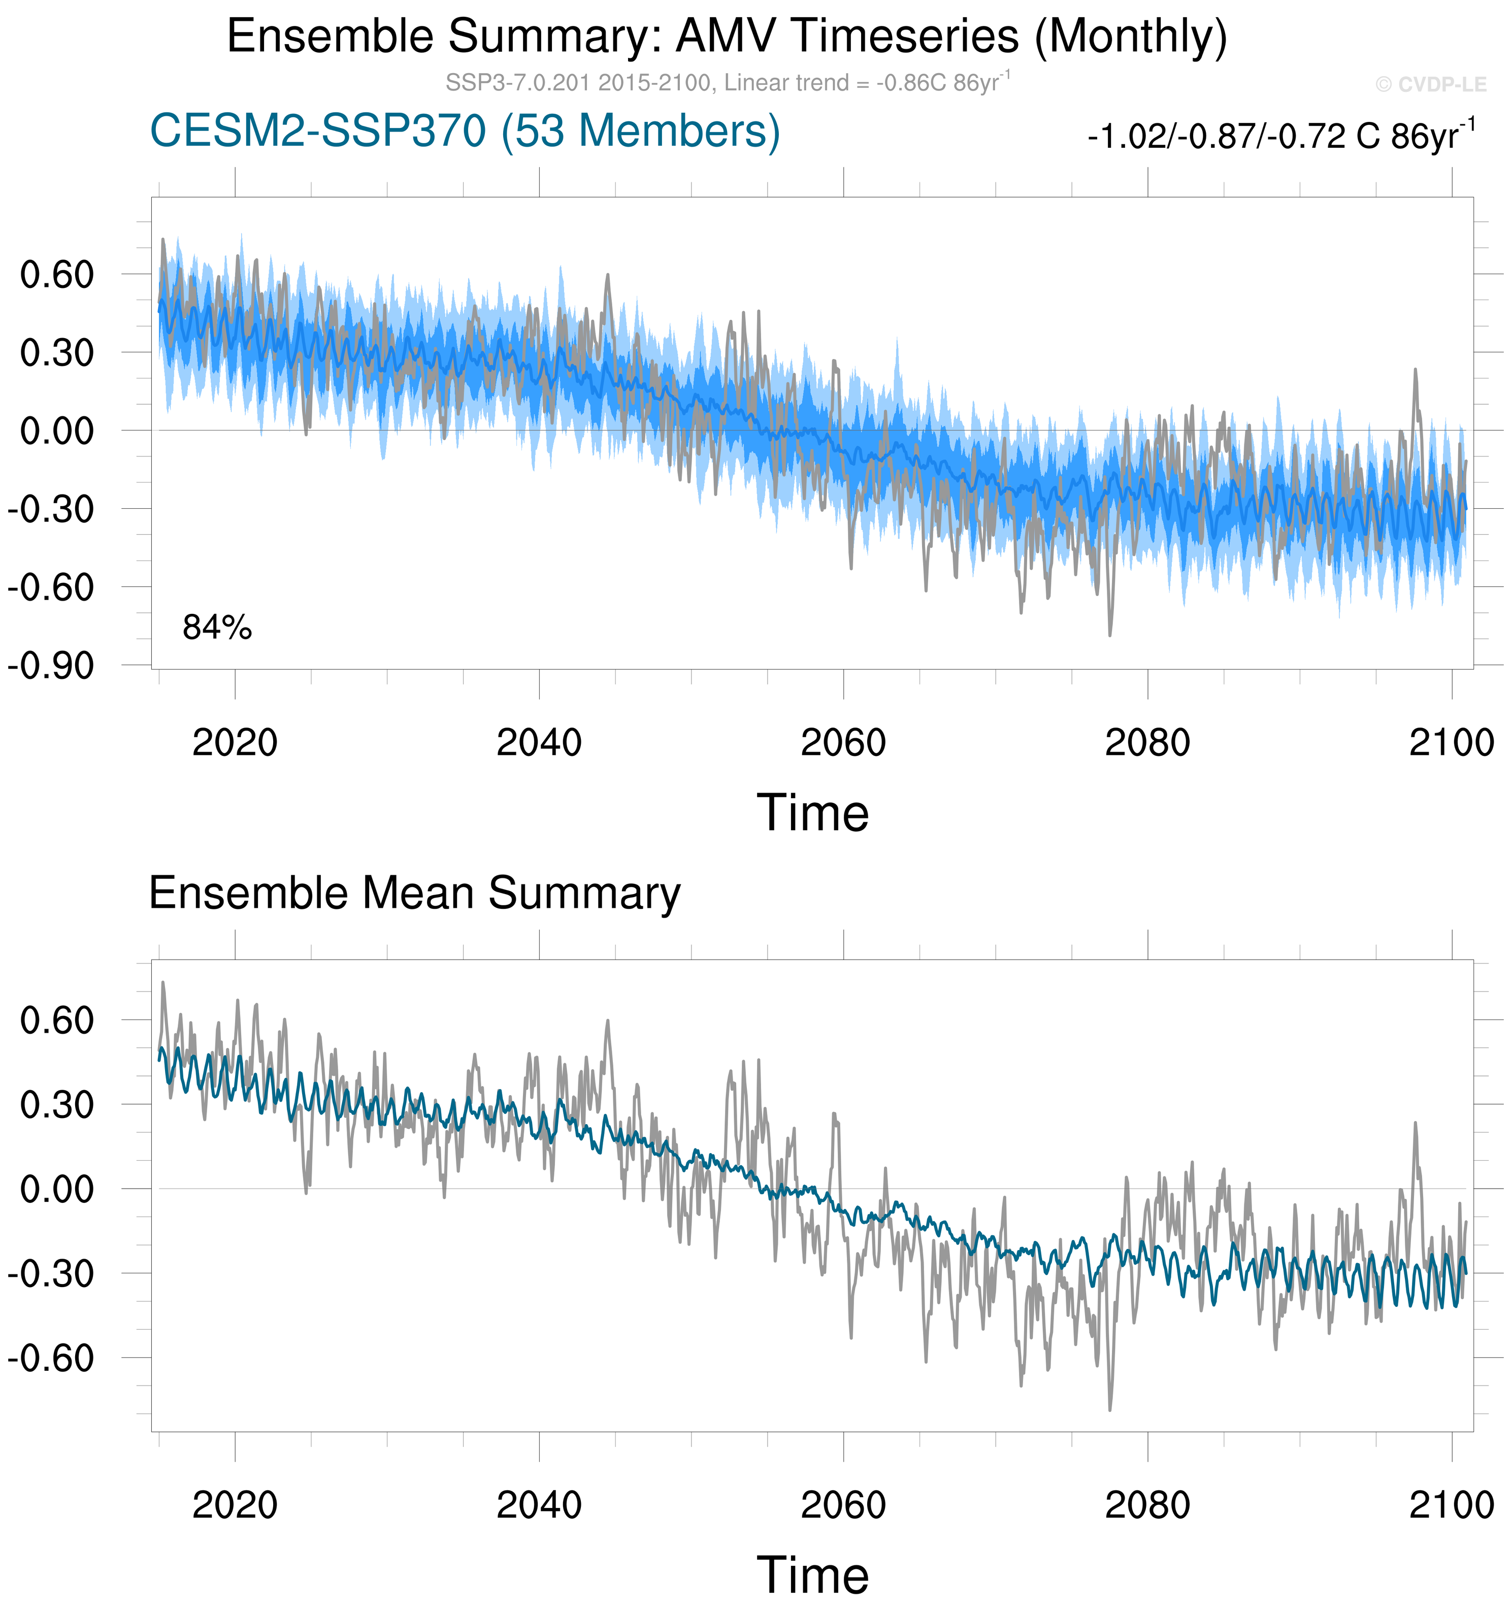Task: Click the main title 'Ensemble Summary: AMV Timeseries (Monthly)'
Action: pyautogui.click(x=727, y=37)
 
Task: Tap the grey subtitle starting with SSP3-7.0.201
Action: pyautogui.click(x=727, y=83)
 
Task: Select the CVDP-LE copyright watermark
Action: pyautogui.click(x=1430, y=84)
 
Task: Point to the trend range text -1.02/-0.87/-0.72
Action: pyautogui.click(x=1280, y=136)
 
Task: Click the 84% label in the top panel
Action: pyautogui.click(x=217, y=628)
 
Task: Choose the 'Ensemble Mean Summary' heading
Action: pyautogui.click(x=415, y=893)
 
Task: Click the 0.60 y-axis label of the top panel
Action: pyautogui.click(x=57, y=275)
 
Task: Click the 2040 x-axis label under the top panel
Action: pyautogui.click(x=539, y=742)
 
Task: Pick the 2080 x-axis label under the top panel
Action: pyautogui.click(x=1147, y=742)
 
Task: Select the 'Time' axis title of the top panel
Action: pyautogui.click(x=813, y=813)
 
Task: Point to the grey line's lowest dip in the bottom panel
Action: pyautogui.click(x=1110, y=1409)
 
